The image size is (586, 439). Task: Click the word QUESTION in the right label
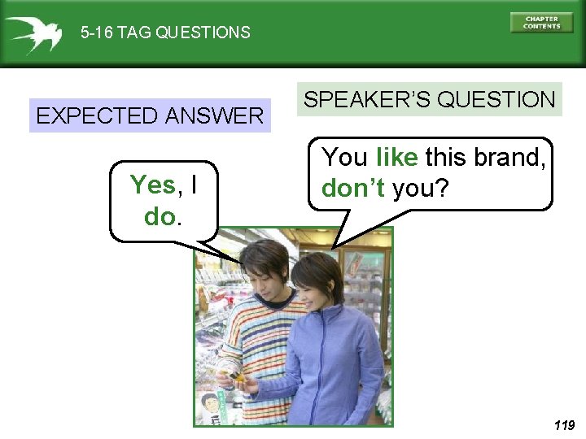[496, 100]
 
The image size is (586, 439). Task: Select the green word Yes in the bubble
[152, 185]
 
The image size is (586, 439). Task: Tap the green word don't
[353, 189]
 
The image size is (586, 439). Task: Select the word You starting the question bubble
[345, 156]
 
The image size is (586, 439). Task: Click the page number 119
[563, 425]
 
